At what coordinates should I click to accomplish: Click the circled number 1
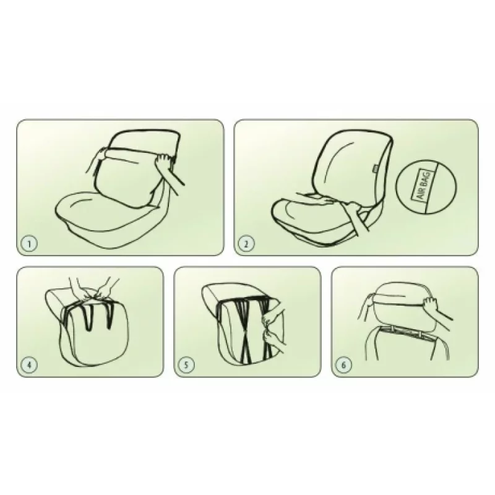coord(29,243)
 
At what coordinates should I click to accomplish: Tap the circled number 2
coord(246,243)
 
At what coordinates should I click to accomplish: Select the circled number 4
coord(29,365)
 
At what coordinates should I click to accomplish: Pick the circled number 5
coord(186,365)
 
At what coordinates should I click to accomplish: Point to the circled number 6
coord(344,365)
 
